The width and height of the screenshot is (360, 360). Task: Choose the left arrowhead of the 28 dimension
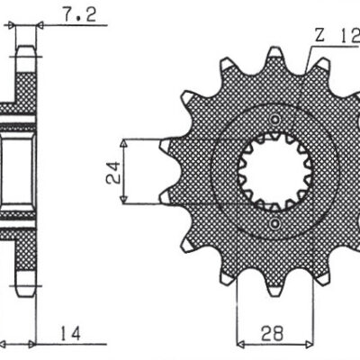click(241, 343)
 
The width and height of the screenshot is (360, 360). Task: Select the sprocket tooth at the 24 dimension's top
click(167, 144)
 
